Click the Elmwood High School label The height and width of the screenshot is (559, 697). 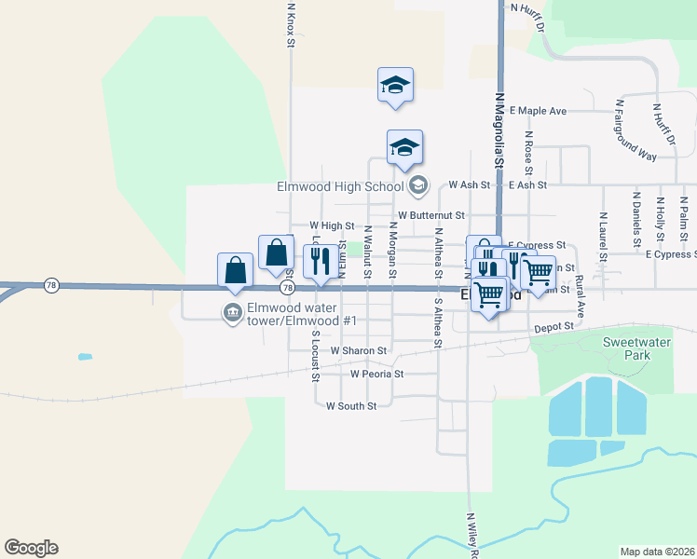click(339, 186)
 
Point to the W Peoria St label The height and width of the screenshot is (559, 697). click(376, 374)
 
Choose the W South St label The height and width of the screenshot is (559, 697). click(351, 406)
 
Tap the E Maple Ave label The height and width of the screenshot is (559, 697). click(538, 111)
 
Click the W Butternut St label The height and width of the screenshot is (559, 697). click(430, 215)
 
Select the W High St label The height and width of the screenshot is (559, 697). click(332, 225)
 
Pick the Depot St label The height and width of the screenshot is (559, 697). click(552, 328)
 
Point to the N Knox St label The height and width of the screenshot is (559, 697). click(291, 23)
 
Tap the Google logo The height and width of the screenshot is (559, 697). click(31, 547)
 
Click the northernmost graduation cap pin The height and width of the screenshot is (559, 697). click(395, 85)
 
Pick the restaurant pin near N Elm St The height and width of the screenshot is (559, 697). click(321, 262)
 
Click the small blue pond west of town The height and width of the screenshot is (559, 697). click(86, 357)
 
